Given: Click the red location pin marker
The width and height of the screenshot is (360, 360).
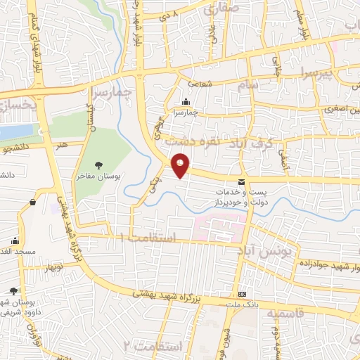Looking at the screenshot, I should (x=181, y=165).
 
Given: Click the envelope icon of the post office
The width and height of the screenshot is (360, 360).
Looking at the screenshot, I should (x=242, y=183).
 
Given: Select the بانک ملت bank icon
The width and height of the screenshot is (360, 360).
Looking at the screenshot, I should (x=243, y=294).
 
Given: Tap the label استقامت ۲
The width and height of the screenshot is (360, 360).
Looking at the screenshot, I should (x=152, y=346).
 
